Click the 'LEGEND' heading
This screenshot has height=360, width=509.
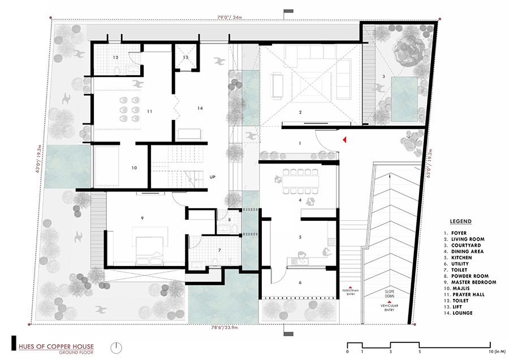pos(461,221)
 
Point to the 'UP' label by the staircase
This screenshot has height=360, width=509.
pos(213,176)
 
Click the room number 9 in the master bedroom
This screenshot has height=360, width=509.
pos(143,217)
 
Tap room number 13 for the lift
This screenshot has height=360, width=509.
pos(186,58)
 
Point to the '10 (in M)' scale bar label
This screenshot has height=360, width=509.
pos(486,352)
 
